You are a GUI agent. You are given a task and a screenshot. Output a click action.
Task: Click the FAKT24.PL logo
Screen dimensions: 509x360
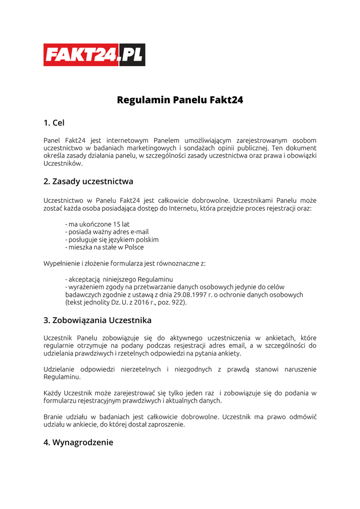(94, 55)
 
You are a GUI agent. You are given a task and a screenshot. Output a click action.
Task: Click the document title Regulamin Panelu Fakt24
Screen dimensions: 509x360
(180, 100)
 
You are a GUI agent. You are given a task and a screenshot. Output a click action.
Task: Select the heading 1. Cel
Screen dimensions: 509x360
(54, 123)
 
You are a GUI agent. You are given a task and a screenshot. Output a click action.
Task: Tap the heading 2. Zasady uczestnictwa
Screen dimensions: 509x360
(88, 181)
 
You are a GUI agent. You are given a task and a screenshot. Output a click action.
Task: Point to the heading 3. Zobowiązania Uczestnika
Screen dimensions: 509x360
(97, 320)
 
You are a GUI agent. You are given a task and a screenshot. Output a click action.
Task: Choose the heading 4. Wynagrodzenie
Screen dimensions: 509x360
(78, 442)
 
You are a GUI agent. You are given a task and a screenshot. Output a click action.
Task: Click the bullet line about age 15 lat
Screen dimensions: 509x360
(97, 224)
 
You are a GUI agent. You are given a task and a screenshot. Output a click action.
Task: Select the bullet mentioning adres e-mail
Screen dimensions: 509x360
(107, 232)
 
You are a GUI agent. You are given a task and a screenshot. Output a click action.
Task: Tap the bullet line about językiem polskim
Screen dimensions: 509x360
(112, 240)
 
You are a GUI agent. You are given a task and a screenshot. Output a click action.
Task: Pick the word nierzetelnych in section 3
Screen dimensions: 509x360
(135, 369)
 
